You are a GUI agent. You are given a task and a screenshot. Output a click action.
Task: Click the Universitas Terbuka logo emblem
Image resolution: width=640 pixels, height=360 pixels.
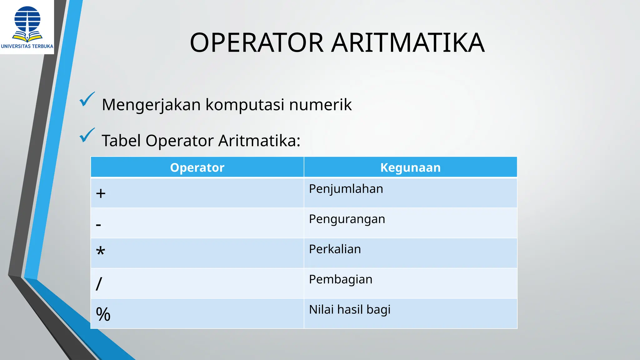(27, 23)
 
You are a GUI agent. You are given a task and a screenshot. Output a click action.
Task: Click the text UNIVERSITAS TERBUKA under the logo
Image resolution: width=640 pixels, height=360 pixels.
(27, 46)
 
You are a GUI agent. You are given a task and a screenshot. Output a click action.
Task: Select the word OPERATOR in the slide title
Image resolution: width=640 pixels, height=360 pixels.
(257, 43)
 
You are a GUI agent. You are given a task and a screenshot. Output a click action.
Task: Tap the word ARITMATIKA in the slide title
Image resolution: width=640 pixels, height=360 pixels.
(408, 43)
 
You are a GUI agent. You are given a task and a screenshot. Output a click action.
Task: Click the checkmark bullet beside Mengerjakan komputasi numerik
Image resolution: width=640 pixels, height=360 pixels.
(87, 99)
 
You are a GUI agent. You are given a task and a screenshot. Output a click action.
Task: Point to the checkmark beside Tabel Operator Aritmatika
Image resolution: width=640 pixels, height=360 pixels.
(87, 135)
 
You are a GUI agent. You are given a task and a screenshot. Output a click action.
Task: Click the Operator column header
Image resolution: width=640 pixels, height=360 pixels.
(197, 167)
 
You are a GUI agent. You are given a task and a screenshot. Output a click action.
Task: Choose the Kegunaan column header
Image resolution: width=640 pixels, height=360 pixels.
(410, 167)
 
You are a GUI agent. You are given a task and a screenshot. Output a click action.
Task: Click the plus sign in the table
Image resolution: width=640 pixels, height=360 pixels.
(101, 193)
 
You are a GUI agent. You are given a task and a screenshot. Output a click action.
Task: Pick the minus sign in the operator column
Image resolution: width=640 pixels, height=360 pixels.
(98, 225)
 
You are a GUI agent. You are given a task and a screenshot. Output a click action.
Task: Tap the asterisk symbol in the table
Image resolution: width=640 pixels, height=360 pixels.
(100, 251)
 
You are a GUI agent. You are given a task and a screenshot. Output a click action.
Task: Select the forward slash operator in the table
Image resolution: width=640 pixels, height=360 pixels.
(99, 284)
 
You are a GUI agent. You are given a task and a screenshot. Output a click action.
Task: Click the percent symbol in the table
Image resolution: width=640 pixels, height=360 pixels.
(103, 314)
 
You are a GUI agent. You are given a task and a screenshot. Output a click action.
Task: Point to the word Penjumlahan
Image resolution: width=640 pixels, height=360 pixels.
(346, 189)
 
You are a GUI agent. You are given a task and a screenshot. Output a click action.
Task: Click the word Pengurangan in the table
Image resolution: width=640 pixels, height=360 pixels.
(347, 219)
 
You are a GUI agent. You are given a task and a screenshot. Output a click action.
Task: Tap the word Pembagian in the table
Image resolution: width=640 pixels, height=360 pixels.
(341, 280)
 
